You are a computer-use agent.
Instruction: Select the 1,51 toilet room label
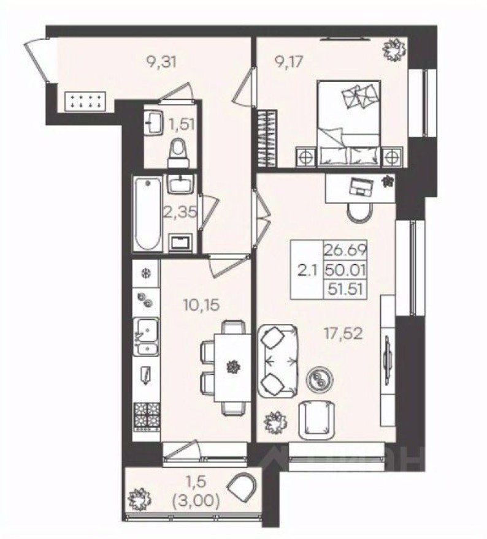pos(181,124)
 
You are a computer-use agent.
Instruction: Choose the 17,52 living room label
pos(344,333)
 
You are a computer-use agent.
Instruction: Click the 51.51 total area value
pos(345,288)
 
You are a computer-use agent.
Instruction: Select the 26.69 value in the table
pos(345,249)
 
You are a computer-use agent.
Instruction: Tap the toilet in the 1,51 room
pos(178,151)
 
